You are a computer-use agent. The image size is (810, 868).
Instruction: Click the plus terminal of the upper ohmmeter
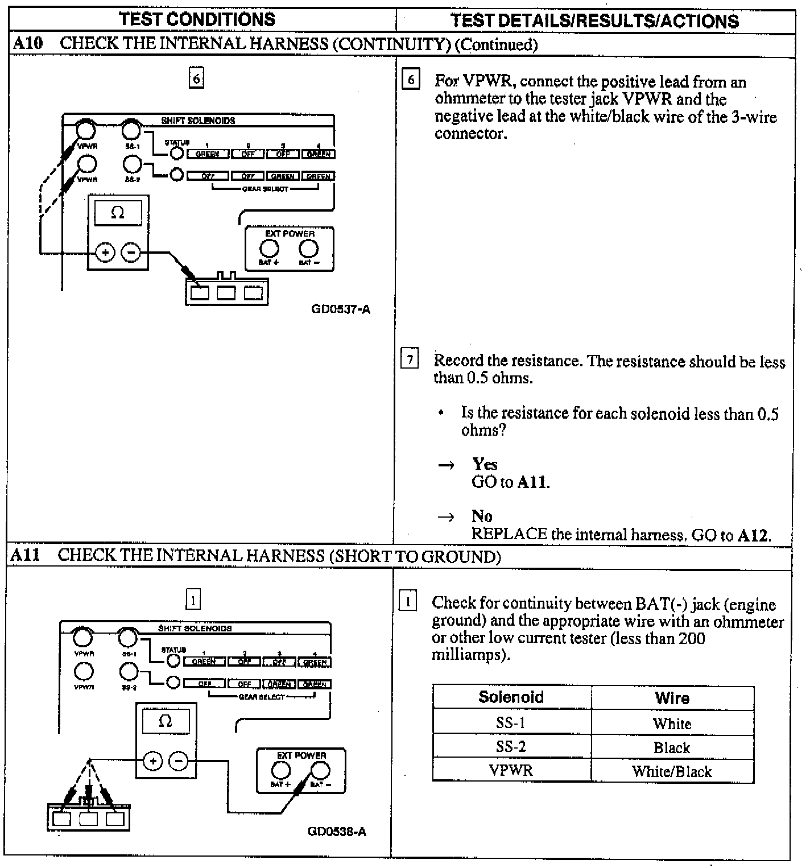tap(105, 252)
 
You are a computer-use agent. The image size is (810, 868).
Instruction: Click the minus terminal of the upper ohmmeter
tap(131, 252)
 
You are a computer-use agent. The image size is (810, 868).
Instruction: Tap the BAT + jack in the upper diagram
tap(269, 249)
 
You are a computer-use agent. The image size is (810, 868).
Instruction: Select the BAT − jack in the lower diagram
tap(320, 771)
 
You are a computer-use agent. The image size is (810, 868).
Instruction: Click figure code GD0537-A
tap(341, 309)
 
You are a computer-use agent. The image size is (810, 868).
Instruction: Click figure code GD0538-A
tap(337, 832)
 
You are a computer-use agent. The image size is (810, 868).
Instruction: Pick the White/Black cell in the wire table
tap(672, 771)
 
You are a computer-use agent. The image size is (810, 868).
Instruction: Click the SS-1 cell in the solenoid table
tap(510, 723)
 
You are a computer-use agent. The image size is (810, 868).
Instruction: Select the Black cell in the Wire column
tap(672, 747)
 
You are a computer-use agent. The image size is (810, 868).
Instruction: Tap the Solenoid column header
tap(511, 697)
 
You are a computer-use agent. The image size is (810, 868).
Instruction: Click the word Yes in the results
tap(484, 464)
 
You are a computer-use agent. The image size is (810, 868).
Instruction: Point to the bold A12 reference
tap(753, 535)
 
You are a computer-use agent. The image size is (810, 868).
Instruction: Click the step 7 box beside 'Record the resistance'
tap(410, 360)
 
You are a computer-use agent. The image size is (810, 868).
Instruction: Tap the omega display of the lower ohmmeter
tap(166, 721)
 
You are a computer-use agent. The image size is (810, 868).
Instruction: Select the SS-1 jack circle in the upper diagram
tap(131, 130)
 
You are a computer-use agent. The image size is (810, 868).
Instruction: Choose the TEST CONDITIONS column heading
tap(197, 19)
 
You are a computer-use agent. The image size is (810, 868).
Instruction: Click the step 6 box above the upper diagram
tap(196, 78)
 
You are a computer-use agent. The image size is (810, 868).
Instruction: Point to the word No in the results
tap(482, 516)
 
